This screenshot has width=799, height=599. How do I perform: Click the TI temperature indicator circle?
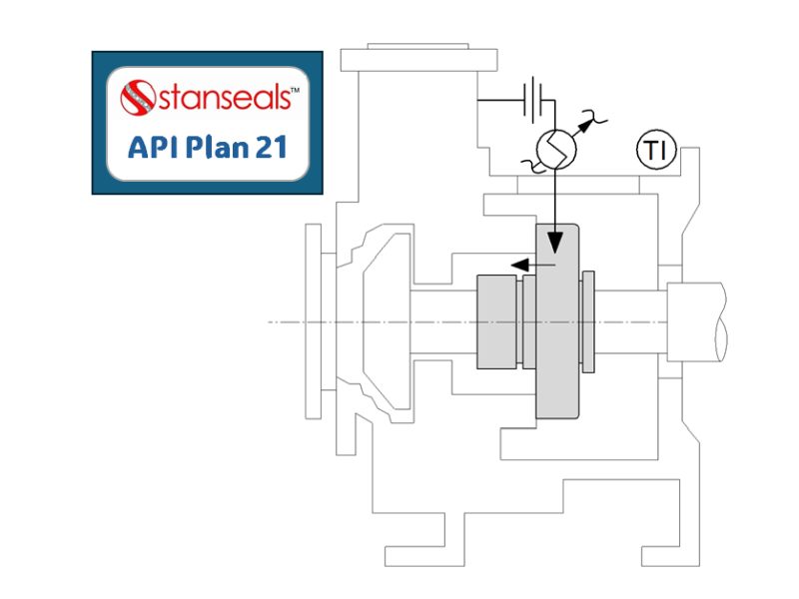coord(656,152)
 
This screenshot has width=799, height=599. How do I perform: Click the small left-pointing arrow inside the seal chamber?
coord(519,265)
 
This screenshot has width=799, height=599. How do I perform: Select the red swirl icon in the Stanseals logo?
coord(138,98)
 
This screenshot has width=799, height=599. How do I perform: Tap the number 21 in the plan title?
coord(267,147)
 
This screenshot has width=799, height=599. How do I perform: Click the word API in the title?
coord(152,147)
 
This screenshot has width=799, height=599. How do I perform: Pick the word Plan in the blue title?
coord(211,147)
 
